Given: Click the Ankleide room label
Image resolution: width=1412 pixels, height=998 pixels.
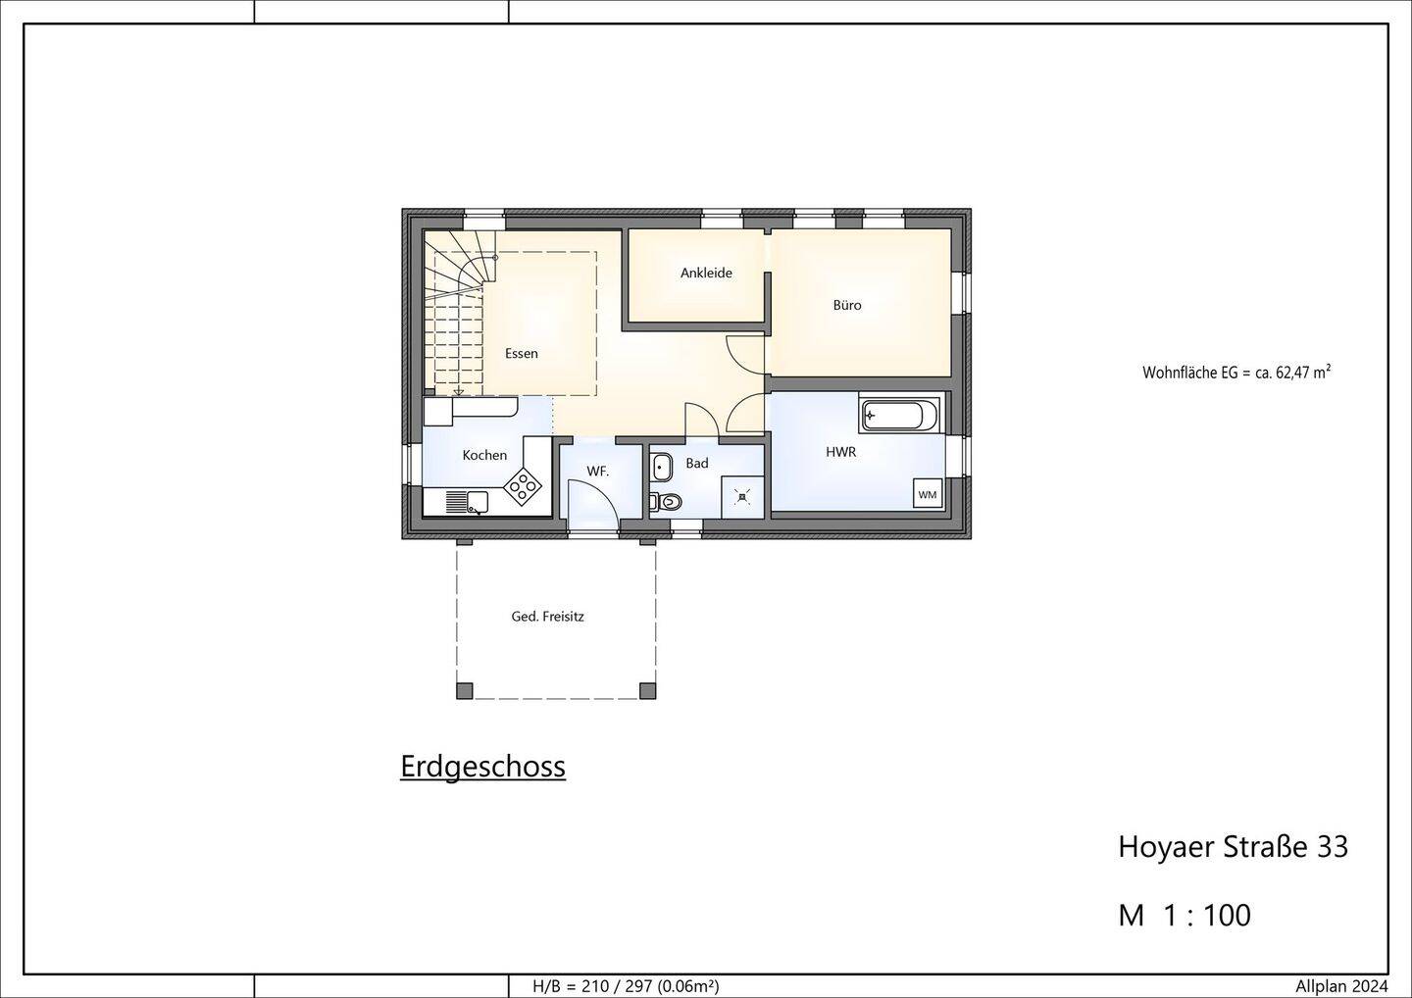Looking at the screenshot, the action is [x=706, y=273].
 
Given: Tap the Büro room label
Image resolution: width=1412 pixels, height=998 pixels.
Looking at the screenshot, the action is [x=846, y=305].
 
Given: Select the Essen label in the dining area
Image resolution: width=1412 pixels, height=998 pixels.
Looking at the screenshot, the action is [x=522, y=354].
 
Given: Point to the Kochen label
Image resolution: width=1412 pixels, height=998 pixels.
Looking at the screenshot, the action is [x=484, y=455].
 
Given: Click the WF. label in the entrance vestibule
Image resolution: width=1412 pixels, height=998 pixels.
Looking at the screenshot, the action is [x=597, y=472].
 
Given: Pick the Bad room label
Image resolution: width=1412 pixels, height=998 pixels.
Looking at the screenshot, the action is [x=696, y=463].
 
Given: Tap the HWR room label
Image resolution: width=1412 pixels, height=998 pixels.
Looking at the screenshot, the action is [x=841, y=452].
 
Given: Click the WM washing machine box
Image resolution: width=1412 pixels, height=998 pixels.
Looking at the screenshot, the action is [x=928, y=495].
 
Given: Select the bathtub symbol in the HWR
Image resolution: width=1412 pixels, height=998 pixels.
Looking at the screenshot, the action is [x=900, y=415].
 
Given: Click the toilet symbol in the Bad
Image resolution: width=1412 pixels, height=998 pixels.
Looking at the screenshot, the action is [x=667, y=502].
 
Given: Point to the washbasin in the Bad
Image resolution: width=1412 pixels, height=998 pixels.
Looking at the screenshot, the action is [x=662, y=468].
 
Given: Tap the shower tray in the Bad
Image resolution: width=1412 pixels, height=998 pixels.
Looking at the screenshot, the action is [x=742, y=496].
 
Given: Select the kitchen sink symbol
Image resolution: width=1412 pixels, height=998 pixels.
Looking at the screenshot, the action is [x=467, y=502].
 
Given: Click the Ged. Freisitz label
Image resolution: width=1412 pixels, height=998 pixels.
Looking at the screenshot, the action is [x=547, y=617].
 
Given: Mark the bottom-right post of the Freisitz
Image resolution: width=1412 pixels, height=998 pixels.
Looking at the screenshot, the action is [x=647, y=691].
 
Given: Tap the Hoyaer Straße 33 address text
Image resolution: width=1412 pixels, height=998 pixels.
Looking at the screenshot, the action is [x=1233, y=847].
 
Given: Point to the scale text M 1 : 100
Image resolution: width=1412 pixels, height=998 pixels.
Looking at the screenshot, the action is [x=1185, y=916].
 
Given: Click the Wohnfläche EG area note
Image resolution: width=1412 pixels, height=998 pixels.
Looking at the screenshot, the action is [x=1236, y=373].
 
